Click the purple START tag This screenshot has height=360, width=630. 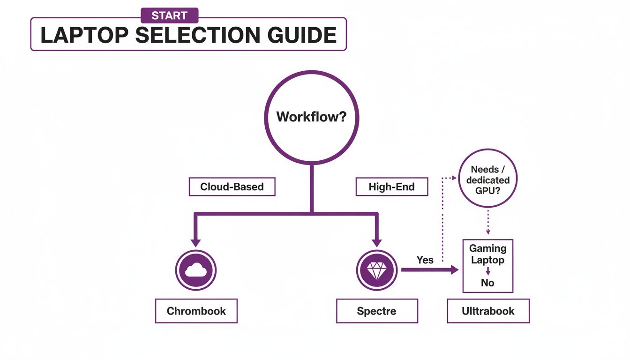(169, 16)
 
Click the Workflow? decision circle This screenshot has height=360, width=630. (311, 117)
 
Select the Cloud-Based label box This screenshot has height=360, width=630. (232, 187)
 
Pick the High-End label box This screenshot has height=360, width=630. (391, 187)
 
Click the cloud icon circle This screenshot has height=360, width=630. (196, 270)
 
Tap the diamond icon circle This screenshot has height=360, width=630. (376, 270)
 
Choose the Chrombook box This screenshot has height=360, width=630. (196, 311)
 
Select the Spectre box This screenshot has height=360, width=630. (376, 311)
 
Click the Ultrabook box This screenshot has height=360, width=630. (488, 311)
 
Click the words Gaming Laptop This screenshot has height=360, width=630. (487, 254)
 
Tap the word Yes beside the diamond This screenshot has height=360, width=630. (425, 260)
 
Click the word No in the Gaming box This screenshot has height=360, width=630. (487, 283)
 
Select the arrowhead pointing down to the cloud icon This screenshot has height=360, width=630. (196, 242)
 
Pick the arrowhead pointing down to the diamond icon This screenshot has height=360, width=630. (376, 242)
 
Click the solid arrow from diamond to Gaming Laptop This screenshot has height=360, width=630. (429, 270)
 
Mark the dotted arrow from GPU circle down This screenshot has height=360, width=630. (488, 223)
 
